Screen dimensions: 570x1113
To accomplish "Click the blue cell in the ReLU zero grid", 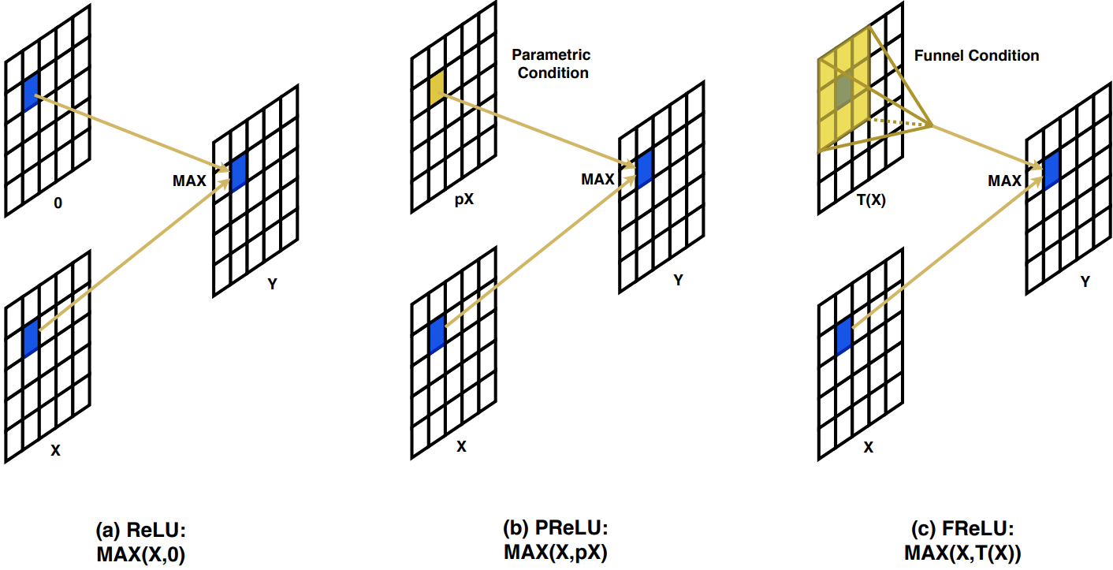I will [31, 92].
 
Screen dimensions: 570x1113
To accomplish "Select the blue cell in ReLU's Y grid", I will [238, 173].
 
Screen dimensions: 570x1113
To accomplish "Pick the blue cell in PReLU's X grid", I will [437, 335].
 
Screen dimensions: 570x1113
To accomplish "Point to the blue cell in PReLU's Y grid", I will [645, 168].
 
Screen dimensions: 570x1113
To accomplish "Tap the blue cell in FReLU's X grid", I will [844, 334].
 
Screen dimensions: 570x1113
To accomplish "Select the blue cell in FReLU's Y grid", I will [1052, 169].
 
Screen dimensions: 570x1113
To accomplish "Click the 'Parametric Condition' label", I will [550, 64].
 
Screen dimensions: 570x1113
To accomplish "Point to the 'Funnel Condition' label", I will [976, 56].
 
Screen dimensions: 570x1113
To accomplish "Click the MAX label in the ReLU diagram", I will [189, 181].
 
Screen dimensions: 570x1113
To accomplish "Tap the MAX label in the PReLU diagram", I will [597, 179].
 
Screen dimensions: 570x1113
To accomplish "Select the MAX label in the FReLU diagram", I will [1003, 181].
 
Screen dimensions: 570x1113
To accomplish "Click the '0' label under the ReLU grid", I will [58, 203].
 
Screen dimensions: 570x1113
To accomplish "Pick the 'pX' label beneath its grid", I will [464, 199].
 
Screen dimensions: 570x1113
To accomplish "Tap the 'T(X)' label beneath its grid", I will [870, 200].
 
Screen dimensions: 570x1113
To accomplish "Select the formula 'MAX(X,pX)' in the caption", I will [556, 552].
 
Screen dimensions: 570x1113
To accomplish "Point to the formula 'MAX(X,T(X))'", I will [961, 553].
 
